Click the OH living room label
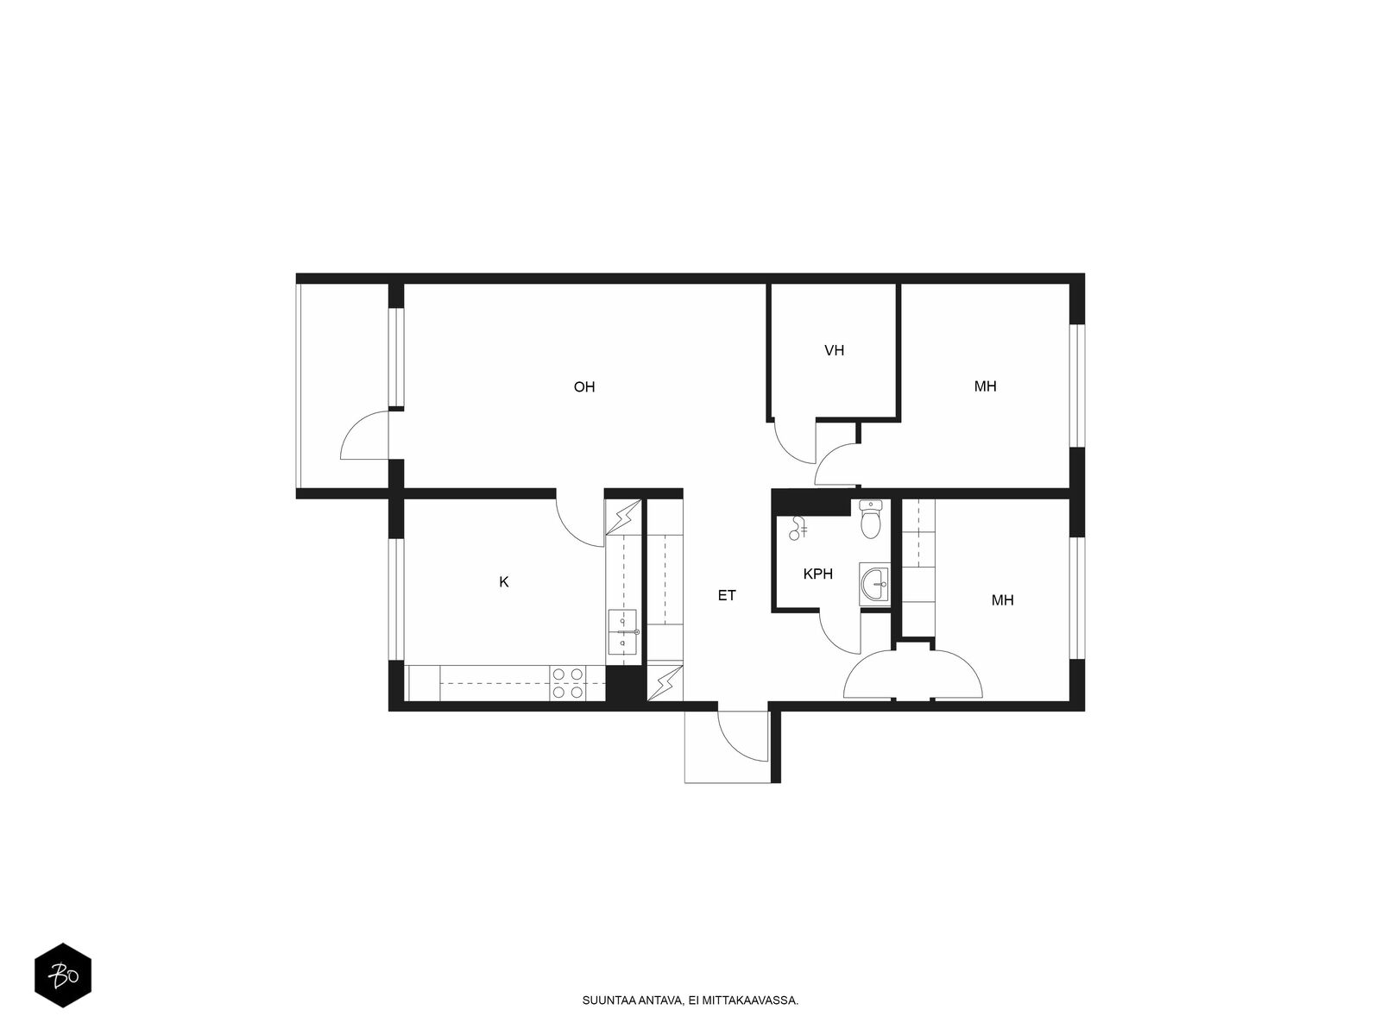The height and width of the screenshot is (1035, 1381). coord(583,386)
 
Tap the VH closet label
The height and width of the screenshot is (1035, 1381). coord(834,350)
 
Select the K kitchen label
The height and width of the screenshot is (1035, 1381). coord(503,582)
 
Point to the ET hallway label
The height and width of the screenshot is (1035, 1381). coord(726,595)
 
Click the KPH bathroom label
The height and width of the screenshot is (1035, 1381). coord(817,573)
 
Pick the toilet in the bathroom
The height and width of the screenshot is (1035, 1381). coord(871,519)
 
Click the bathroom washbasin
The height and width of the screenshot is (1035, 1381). coord(874,584)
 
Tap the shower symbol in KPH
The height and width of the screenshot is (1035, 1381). coord(798,528)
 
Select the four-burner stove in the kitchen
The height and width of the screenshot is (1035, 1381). coord(567,683)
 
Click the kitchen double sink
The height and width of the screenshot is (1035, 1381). coord(622,631)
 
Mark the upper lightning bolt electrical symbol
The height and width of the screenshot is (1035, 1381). coord(623,517)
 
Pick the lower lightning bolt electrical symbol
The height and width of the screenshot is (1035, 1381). coord(665,683)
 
